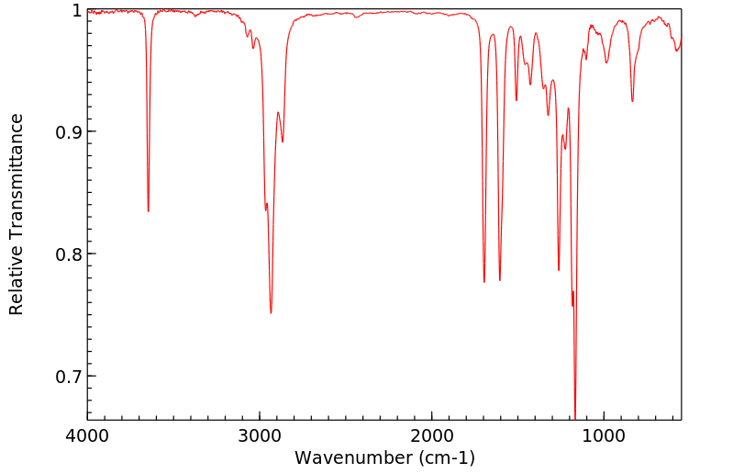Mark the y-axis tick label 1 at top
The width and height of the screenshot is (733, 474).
point(75,11)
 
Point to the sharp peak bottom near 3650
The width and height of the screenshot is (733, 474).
point(148,211)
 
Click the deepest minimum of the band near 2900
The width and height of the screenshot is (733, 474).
point(271,313)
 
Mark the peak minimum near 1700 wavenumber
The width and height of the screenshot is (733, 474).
point(484,282)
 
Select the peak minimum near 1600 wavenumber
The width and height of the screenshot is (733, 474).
point(499,280)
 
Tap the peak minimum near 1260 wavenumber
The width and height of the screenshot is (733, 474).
point(559,270)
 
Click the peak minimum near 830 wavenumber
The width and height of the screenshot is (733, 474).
point(632,101)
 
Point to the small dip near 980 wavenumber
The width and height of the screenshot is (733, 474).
point(606,62)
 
